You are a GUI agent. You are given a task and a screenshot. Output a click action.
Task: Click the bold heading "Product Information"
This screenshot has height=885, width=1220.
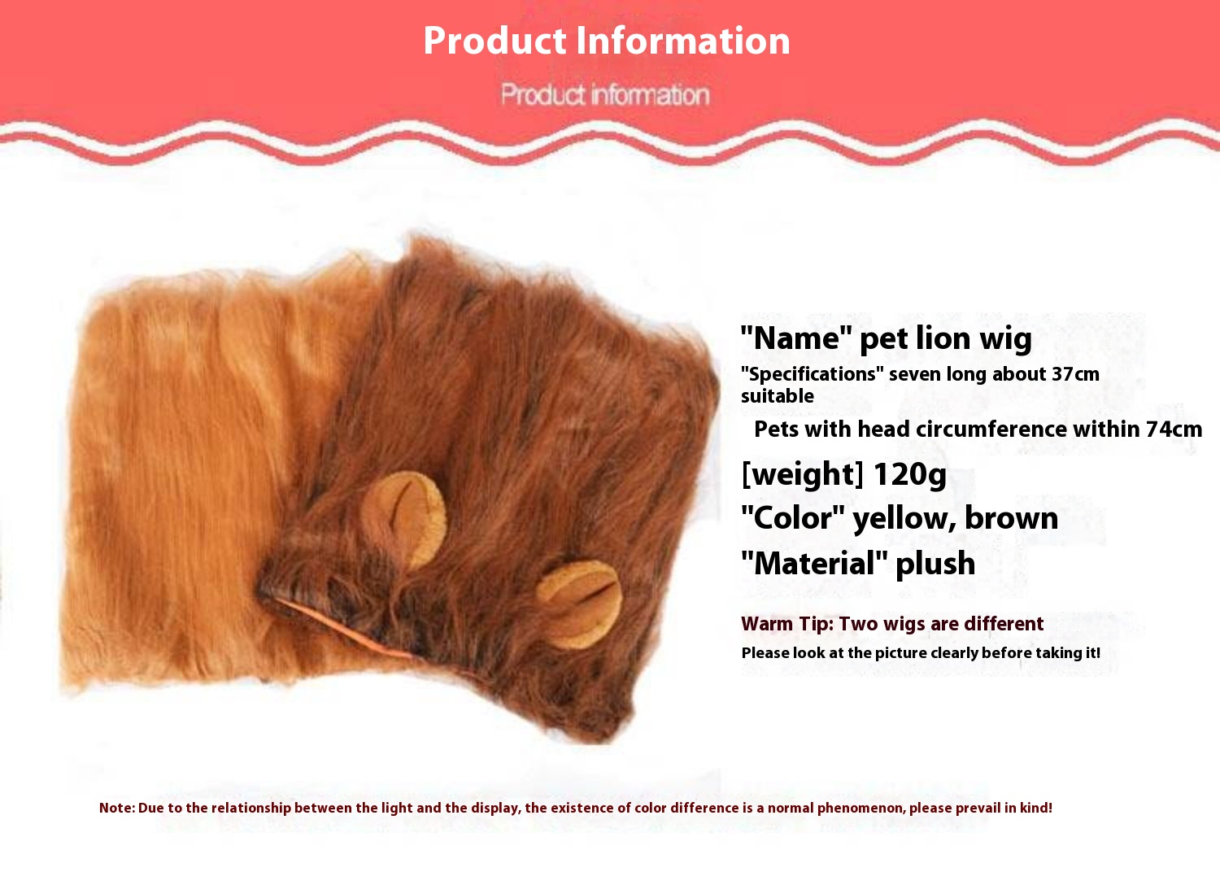[606, 41]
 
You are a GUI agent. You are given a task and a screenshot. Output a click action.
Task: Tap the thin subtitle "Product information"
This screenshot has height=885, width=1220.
[605, 94]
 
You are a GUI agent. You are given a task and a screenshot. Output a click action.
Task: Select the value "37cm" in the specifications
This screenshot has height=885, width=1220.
[1075, 374]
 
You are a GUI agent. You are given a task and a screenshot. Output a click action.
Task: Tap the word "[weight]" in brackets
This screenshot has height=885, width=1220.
[802, 473]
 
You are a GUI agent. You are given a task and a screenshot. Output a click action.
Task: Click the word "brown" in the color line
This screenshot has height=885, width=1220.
[1011, 518]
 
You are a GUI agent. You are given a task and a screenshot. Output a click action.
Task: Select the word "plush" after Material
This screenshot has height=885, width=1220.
[935, 564]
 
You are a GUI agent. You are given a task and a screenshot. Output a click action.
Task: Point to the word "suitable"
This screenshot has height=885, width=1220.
[777, 396]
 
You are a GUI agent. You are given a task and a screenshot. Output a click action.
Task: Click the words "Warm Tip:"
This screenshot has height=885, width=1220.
[786, 624]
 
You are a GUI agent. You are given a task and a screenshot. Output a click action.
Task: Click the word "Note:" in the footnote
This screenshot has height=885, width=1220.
[117, 808]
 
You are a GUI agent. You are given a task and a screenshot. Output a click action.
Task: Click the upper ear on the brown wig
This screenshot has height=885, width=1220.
[403, 518]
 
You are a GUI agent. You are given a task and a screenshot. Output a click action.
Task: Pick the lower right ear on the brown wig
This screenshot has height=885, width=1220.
[579, 604]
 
